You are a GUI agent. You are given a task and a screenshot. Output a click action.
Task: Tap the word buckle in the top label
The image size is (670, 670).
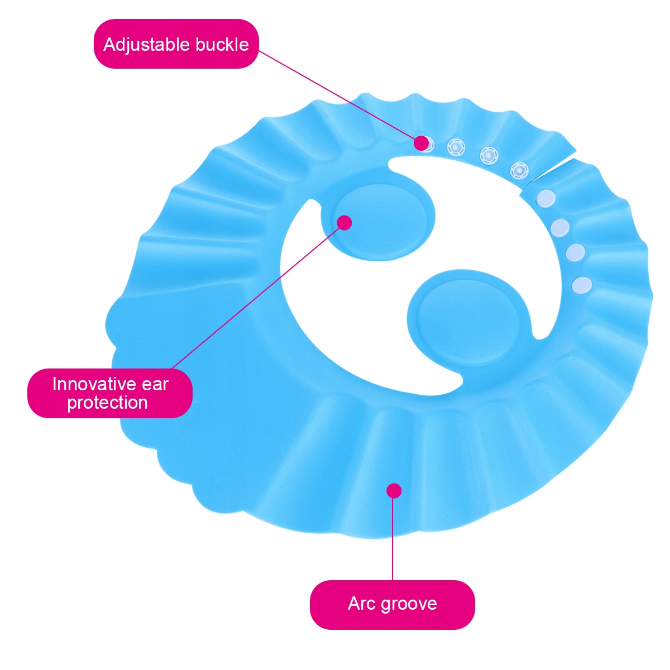tap(222, 44)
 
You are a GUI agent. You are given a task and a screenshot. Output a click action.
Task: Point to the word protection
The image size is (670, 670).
tap(107, 403)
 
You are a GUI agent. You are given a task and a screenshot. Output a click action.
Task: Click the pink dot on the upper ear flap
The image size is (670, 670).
tap(344, 222)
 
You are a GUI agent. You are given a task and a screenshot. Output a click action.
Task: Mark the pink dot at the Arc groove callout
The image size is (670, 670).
tap(394, 491)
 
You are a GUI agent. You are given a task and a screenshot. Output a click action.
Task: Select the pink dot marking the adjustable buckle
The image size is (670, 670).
tap(421, 142)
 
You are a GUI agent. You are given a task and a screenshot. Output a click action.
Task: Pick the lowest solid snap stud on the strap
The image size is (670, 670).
tap(582, 285)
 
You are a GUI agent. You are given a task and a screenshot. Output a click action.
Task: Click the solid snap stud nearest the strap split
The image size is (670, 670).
tap(545, 198)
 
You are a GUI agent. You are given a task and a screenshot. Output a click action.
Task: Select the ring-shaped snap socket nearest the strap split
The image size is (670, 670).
tap(519, 170)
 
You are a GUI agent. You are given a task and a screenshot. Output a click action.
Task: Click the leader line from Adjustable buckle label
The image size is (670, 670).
tap(335, 95)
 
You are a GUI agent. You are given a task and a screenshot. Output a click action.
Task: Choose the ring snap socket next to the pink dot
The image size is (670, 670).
tap(456, 147)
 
